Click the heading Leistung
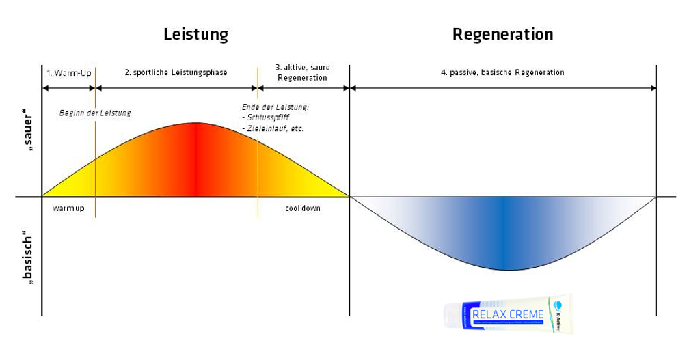(195, 34)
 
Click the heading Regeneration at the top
(502, 34)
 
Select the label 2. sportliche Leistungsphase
(176, 72)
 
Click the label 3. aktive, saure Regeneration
(301, 72)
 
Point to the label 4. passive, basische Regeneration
(502, 72)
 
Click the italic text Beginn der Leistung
(95, 113)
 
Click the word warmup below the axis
(68, 208)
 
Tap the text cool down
(302, 208)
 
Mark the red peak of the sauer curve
(196, 157)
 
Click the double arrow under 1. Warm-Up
(68, 88)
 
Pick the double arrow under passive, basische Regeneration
(502, 88)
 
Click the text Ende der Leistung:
(275, 107)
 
